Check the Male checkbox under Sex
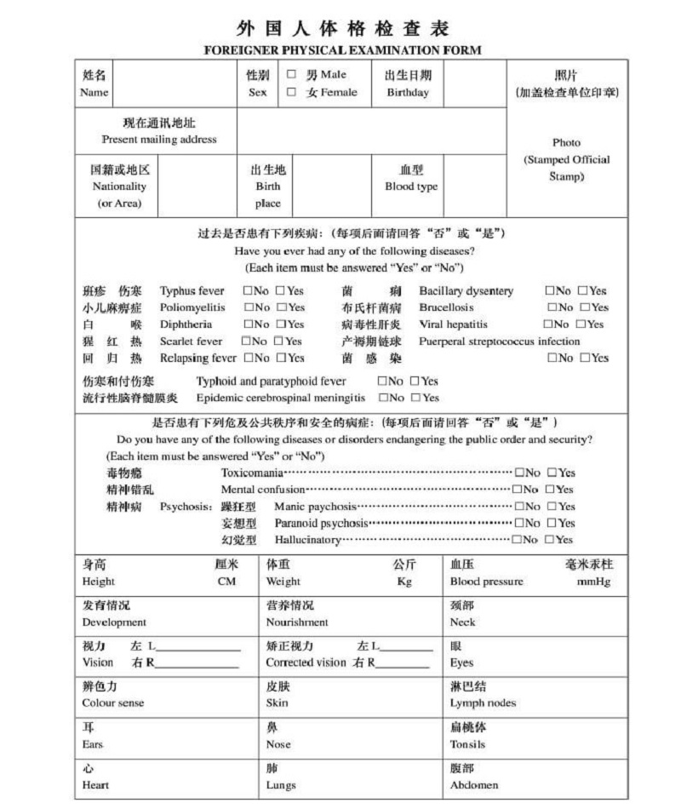(x=291, y=75)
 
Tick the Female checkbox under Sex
(x=291, y=92)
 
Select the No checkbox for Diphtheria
(x=248, y=324)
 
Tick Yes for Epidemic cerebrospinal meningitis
(x=415, y=398)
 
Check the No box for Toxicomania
(x=518, y=473)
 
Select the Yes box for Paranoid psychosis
(x=552, y=523)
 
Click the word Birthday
(x=408, y=93)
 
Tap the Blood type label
(x=411, y=186)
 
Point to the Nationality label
(x=119, y=186)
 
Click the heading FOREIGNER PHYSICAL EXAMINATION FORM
(x=343, y=50)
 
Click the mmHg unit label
(x=593, y=582)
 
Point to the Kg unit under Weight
(x=404, y=582)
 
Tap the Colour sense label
(x=112, y=703)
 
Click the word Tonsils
(x=467, y=744)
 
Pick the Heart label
(x=95, y=785)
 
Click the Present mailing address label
(x=159, y=140)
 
